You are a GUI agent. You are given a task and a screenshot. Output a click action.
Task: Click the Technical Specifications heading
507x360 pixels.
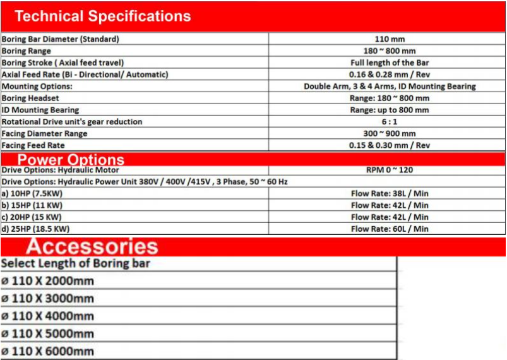click(102, 16)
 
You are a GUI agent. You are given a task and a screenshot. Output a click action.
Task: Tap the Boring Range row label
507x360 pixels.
click(27, 51)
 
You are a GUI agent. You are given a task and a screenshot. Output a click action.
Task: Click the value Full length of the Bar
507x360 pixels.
click(390, 63)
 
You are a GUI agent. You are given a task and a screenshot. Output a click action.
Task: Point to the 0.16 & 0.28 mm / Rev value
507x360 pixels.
click(390, 75)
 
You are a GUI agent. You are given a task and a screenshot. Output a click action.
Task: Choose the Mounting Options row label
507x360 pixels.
click(37, 86)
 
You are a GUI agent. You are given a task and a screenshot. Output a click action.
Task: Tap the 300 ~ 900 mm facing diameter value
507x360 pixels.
click(390, 133)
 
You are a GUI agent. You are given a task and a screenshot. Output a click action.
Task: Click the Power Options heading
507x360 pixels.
click(71, 159)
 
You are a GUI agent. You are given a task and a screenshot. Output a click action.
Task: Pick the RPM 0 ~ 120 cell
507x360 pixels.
click(390, 170)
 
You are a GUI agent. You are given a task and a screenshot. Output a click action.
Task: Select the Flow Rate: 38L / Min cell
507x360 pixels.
click(390, 193)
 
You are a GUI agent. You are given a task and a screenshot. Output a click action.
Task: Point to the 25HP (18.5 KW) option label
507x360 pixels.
click(35, 229)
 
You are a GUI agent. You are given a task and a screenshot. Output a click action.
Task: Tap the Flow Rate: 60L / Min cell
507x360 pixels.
click(390, 229)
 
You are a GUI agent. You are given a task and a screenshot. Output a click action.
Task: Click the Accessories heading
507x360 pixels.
click(92, 246)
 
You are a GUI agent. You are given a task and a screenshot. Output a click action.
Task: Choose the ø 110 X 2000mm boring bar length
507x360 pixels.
click(47, 281)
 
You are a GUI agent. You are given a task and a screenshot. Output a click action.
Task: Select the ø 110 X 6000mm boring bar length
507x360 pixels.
click(47, 351)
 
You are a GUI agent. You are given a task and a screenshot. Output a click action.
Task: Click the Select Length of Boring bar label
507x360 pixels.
click(76, 263)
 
